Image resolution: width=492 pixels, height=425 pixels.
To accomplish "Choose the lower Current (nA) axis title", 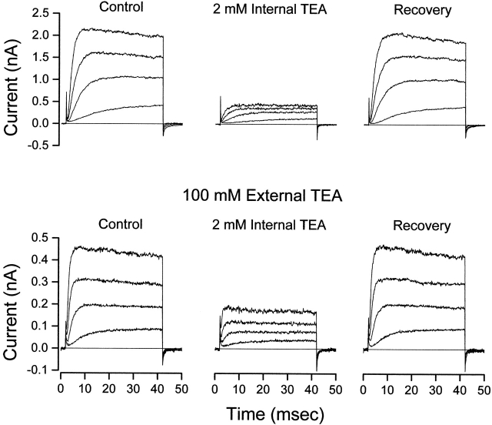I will [12, 304].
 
